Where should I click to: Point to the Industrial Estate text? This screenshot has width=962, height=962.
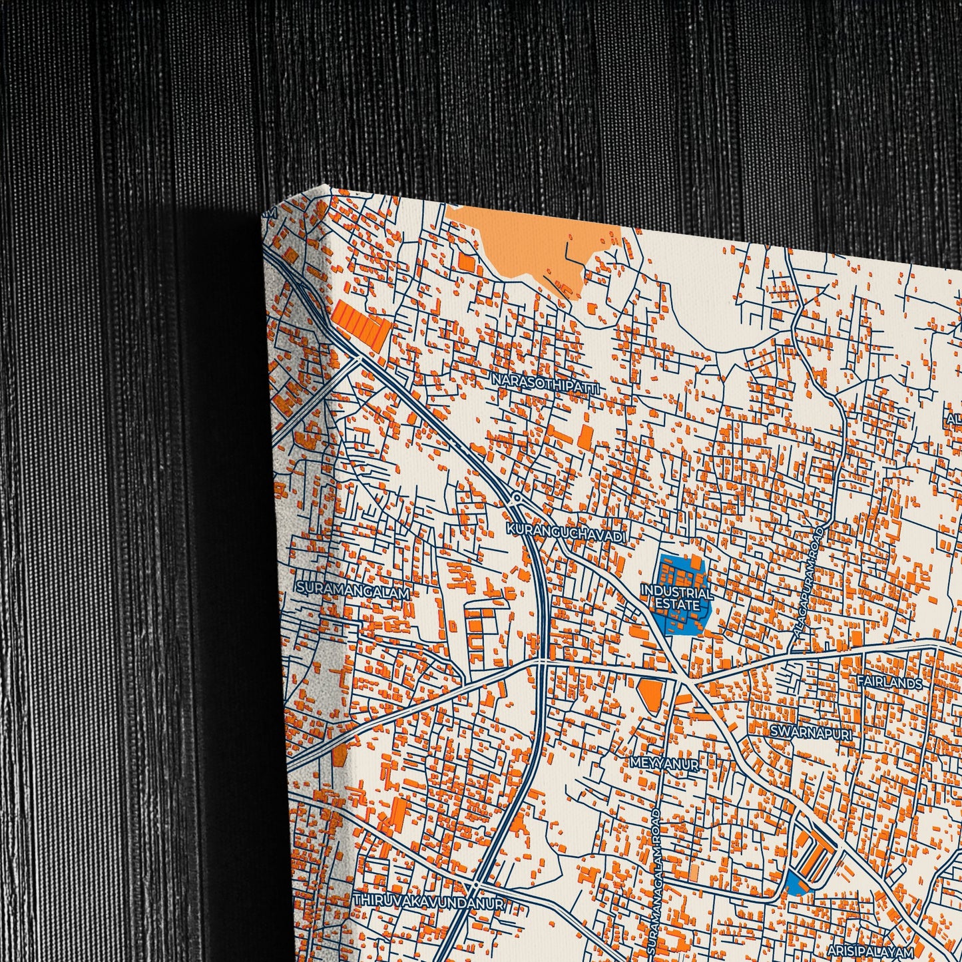coord(677,598)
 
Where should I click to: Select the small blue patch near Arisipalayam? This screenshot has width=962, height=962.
coord(795,883)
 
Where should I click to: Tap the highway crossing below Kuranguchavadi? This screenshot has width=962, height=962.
coord(542,663)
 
